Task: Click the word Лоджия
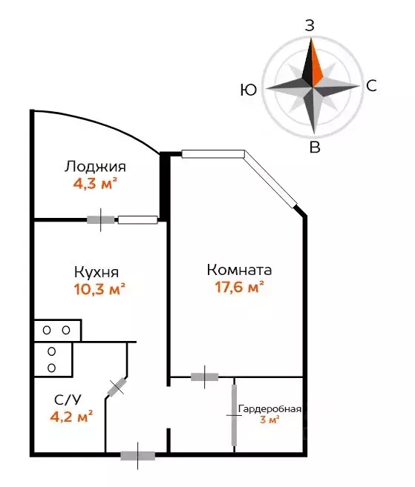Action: click(x=94, y=167)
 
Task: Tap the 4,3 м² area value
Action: click(x=95, y=183)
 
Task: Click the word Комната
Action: click(x=239, y=270)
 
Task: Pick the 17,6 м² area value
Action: click(x=236, y=287)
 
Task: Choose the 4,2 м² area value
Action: click(x=71, y=416)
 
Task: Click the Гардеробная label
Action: click(x=269, y=408)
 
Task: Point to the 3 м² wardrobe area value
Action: click(x=269, y=420)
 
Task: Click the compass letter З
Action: click(x=310, y=25)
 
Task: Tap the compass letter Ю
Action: click(x=249, y=90)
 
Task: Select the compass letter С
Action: click(x=371, y=86)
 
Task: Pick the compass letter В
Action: click(x=314, y=148)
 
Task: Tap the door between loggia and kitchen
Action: click(x=102, y=219)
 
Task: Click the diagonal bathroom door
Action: click(x=117, y=387)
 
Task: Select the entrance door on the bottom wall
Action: click(x=137, y=456)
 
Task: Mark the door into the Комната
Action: click(x=204, y=377)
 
